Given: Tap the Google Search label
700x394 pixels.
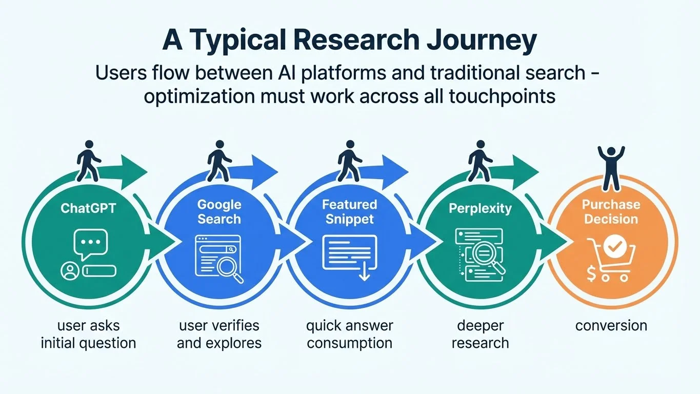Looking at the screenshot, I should click(x=219, y=211).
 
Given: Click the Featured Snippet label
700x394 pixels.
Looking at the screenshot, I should click(x=349, y=211).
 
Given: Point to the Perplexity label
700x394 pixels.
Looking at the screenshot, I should click(x=480, y=208).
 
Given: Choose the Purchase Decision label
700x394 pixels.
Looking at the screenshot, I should click(x=611, y=211).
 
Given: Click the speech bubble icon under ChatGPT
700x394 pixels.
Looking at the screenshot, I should click(x=90, y=243).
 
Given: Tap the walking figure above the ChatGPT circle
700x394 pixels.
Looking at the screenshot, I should click(x=86, y=161).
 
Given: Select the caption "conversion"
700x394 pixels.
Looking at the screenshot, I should click(x=611, y=325).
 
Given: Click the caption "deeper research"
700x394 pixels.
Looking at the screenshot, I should click(x=480, y=334).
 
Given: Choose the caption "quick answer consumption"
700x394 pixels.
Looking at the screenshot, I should click(x=349, y=334).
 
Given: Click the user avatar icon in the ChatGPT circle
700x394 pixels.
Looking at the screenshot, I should click(x=68, y=270).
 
